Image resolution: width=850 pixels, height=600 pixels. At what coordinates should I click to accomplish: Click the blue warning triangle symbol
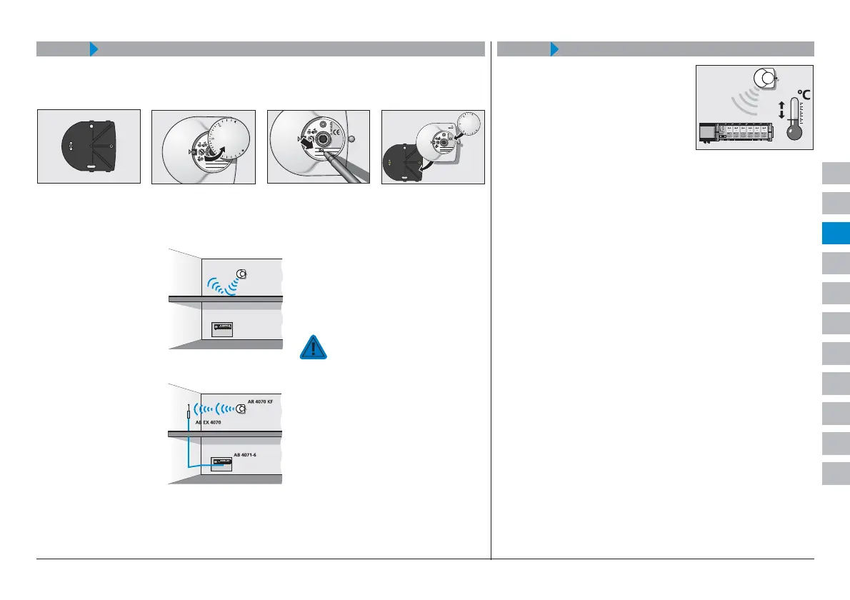pos(313,346)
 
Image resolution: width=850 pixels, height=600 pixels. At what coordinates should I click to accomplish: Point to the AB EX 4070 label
pos(209,423)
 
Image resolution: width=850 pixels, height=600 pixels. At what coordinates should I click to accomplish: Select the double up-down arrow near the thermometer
pos(781,109)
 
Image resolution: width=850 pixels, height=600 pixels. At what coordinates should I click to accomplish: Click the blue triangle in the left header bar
pos(93,49)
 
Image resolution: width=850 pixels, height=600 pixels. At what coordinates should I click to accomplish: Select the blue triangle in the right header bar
pos(554,49)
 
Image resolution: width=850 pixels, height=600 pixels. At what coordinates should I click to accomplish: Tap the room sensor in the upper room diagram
pos(242,274)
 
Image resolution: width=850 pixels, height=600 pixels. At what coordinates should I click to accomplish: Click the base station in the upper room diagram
pos(224,329)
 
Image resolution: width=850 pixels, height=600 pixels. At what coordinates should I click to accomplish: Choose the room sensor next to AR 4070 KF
pos(241,409)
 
